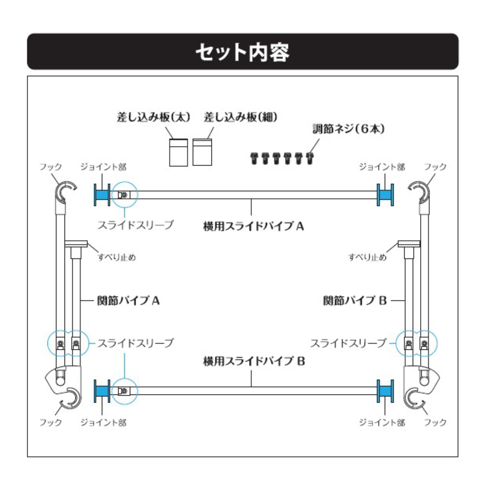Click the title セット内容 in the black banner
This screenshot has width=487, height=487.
point(243,53)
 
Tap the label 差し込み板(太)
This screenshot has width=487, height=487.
point(154,117)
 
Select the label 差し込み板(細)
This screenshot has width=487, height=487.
point(241,117)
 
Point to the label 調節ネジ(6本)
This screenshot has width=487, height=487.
point(349,129)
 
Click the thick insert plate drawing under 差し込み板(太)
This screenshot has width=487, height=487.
point(179,153)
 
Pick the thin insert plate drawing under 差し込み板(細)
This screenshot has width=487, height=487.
point(202,152)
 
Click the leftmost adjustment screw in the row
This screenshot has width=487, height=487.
point(254,158)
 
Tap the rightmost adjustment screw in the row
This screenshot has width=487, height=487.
point(310,158)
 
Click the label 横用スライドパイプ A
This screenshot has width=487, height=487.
point(254,226)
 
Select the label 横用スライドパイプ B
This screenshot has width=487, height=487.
point(254,361)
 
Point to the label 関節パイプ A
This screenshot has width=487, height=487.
point(128,301)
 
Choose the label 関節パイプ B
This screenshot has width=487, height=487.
point(355,301)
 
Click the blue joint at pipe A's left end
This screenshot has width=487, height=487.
point(102,195)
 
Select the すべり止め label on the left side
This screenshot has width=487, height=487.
point(117,257)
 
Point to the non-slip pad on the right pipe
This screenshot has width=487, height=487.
point(409,244)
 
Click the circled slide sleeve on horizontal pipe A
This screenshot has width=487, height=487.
point(125,195)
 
